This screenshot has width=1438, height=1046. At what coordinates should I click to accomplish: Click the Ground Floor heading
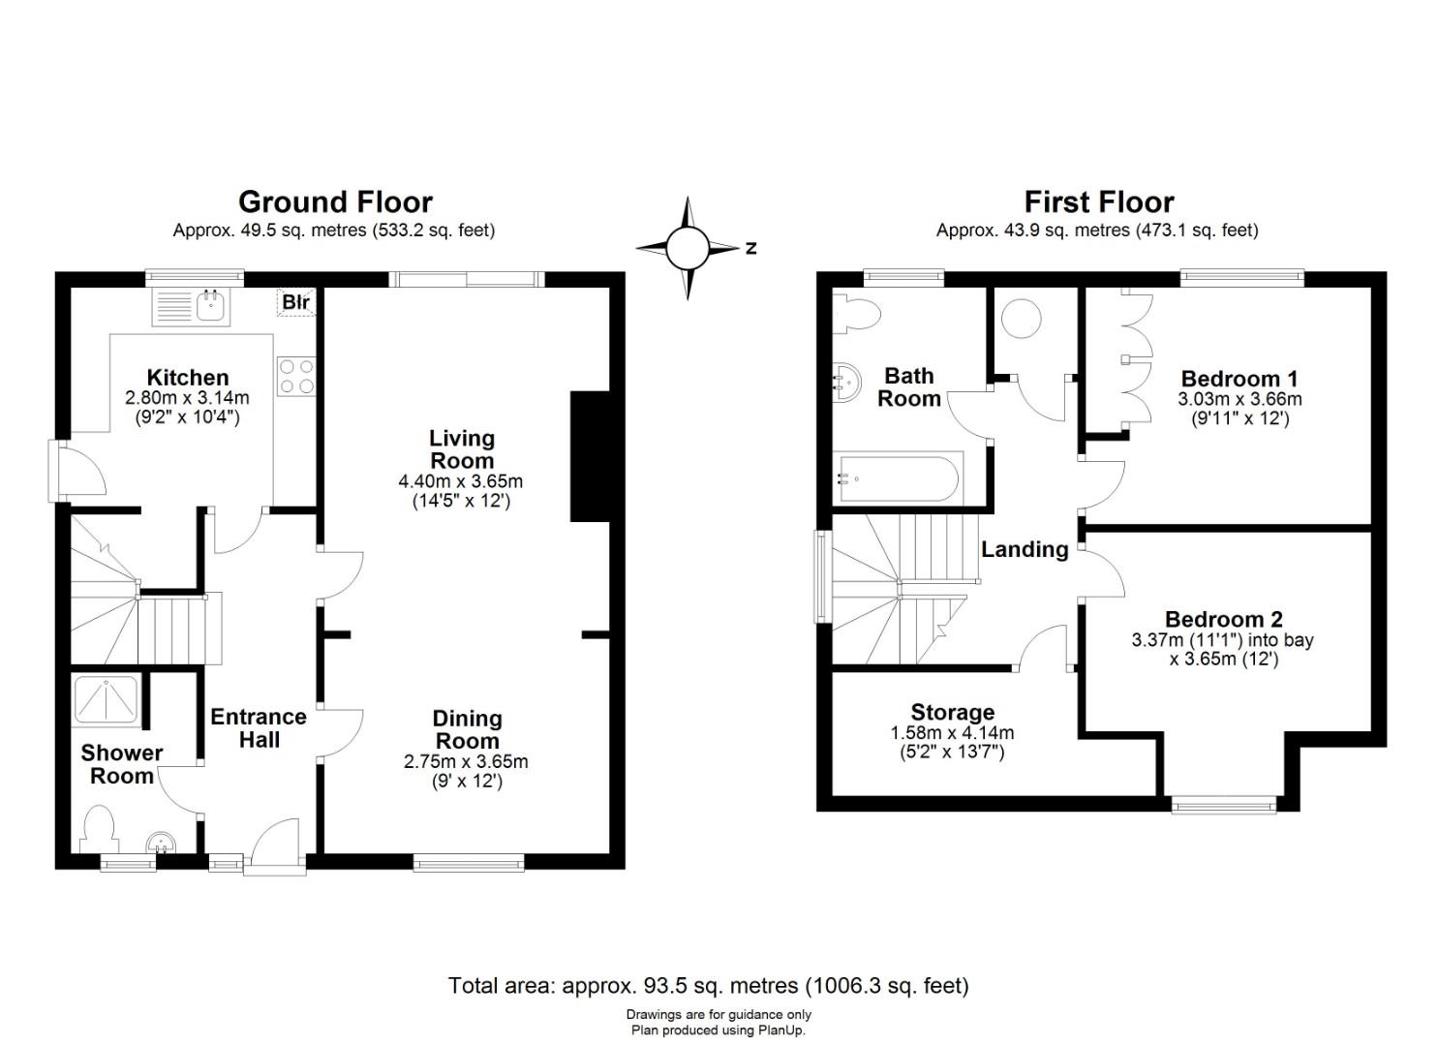point(335,202)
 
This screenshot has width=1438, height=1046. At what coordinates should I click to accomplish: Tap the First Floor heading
point(1098,202)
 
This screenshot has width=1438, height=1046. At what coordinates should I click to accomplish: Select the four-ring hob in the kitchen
point(296,377)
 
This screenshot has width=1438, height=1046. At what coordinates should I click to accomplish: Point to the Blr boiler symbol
point(296,302)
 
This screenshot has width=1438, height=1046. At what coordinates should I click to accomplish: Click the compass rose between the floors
point(688,248)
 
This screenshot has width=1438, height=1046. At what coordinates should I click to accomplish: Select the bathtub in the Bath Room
point(898,478)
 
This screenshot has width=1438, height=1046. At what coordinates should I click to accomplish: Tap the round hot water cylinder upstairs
point(1022,320)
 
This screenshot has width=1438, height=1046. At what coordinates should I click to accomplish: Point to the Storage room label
point(952,712)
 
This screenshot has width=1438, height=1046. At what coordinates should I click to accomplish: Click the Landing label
point(1025,550)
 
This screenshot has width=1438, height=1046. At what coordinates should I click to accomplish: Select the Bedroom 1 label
point(1239,378)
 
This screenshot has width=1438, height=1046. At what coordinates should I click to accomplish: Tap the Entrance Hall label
point(259,728)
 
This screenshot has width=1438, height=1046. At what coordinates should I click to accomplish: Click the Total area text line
point(708,986)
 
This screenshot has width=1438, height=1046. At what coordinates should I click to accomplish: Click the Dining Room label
point(467,729)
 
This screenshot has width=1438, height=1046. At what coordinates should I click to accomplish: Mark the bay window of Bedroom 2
point(1224,805)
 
